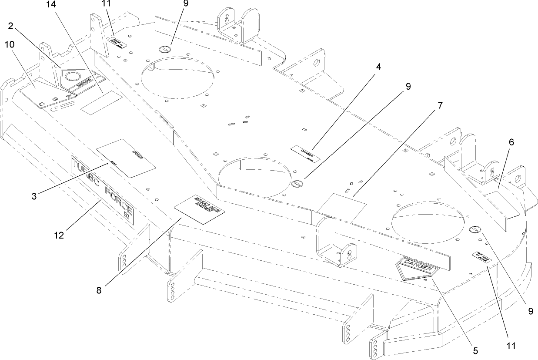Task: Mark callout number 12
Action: (59, 235)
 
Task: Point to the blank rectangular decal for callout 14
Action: (101, 103)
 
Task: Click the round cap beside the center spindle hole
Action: (298, 184)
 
